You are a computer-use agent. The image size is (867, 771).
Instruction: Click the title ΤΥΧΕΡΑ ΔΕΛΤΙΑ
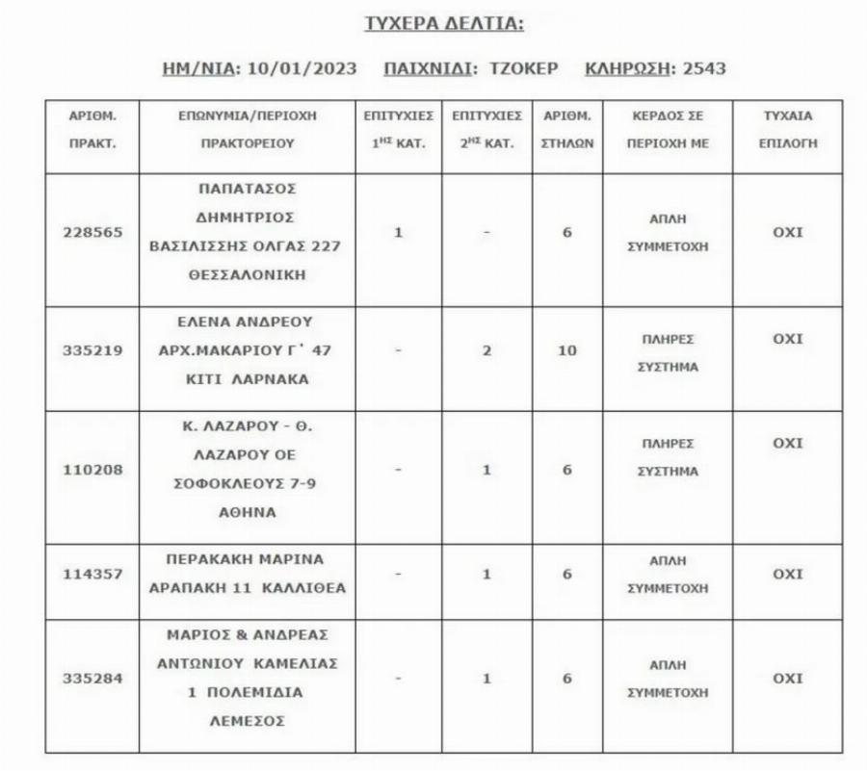pyautogui.click(x=444, y=24)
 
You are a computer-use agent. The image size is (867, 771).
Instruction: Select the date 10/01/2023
pyautogui.click(x=302, y=68)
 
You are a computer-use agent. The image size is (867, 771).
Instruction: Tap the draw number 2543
pyautogui.click(x=704, y=68)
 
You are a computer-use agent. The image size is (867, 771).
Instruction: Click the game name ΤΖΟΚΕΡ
pyautogui.click(x=520, y=68)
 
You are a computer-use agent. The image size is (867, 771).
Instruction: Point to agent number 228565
pyautogui.click(x=92, y=233)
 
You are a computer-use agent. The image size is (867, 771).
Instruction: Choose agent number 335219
pyautogui.click(x=92, y=350)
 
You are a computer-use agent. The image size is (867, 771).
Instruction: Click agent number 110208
pyautogui.click(x=92, y=470)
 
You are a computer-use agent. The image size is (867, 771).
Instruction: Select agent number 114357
pyautogui.click(x=92, y=575)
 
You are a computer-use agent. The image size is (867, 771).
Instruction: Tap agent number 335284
pyautogui.click(x=92, y=679)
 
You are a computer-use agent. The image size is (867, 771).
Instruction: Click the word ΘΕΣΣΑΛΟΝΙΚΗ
pyautogui.click(x=248, y=274)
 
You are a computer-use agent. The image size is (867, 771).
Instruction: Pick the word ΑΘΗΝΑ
pyautogui.click(x=248, y=512)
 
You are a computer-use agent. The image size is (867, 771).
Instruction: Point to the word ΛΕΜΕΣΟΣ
pyautogui.click(x=248, y=720)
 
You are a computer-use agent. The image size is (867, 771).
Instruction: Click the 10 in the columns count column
pyautogui.click(x=567, y=350)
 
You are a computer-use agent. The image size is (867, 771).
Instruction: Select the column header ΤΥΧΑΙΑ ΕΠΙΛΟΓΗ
pyautogui.click(x=787, y=129)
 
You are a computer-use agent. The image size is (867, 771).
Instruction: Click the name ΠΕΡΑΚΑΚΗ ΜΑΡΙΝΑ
pyautogui.click(x=248, y=559)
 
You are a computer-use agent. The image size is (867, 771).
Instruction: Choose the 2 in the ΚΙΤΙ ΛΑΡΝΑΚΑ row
pyautogui.click(x=486, y=350)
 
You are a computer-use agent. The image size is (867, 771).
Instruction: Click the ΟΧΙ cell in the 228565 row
pyautogui.click(x=787, y=232)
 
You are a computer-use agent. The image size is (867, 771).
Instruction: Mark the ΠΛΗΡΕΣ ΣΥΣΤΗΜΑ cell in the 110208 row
pyautogui.click(x=668, y=458)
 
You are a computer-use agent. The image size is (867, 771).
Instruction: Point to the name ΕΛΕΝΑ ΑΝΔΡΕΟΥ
pyautogui.click(x=248, y=321)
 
